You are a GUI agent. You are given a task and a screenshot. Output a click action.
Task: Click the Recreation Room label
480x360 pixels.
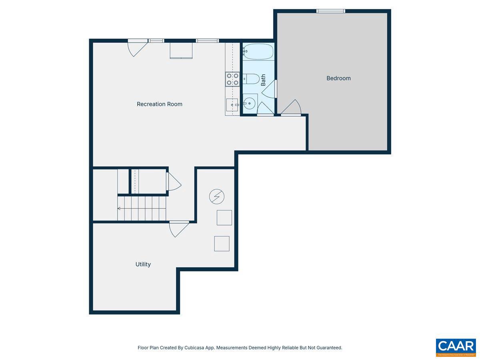(x=159, y=104)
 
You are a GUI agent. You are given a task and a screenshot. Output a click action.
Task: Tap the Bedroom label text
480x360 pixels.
(x=338, y=78)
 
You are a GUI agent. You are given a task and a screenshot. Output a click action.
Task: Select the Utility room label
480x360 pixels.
(x=143, y=264)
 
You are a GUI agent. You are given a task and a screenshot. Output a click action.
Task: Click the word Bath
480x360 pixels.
(x=263, y=80)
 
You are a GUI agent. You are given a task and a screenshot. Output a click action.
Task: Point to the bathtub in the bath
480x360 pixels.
(x=258, y=52)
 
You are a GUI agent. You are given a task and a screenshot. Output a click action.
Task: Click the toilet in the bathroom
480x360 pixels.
(x=252, y=79)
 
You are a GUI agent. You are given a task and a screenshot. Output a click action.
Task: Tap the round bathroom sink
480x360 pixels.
(x=250, y=103)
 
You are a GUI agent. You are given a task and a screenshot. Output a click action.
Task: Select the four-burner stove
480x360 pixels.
(x=232, y=79)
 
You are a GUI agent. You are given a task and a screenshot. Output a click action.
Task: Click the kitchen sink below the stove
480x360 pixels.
(x=232, y=105)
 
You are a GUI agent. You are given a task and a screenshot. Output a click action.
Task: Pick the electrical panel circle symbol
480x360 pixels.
(x=217, y=196)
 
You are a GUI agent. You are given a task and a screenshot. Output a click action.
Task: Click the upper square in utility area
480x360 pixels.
(x=224, y=218)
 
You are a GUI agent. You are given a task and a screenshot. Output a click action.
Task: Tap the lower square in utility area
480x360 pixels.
(x=222, y=244)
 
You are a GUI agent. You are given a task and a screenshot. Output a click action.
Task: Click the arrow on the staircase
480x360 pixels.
(x=119, y=208)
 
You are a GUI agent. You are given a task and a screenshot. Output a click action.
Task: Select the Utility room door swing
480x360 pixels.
(x=179, y=229)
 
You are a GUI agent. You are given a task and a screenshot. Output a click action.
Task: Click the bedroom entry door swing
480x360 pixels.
(x=291, y=108)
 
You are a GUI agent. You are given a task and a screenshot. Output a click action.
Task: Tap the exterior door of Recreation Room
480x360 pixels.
(x=137, y=48)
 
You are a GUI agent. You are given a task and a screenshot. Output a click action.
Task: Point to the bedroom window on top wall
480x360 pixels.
(x=330, y=11)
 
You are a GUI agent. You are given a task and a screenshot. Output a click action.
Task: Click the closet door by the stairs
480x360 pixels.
(x=173, y=182)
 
